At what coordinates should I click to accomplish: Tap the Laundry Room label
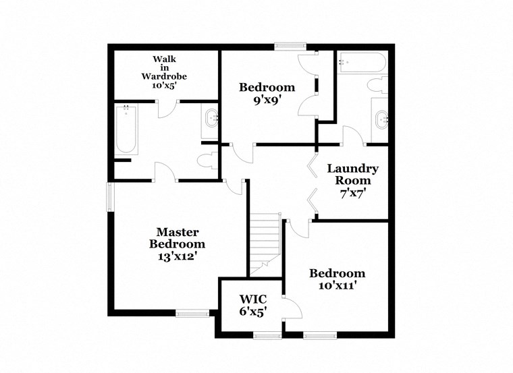[352, 175]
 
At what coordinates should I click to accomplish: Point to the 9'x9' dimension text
[267, 99]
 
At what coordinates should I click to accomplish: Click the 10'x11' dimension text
[337, 285]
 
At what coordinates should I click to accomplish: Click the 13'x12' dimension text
[177, 256]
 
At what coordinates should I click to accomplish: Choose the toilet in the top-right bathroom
[377, 86]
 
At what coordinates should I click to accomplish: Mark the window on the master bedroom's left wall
[111, 198]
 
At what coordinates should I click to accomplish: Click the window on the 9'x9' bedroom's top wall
[290, 46]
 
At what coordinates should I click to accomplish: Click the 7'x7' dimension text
[353, 193]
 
